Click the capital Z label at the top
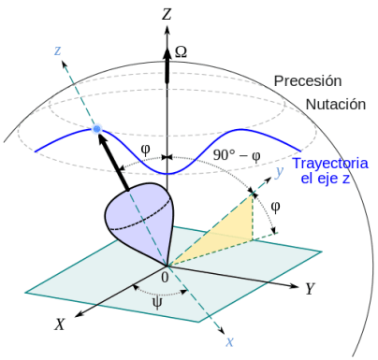coord(167,13)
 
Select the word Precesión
coord(308,81)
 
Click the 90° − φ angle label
coord(234,156)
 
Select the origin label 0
coord(166,277)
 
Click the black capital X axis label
coord(59,324)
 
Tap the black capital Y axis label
coord(309,288)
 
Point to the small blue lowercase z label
coord(57,50)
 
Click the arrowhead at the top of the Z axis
coord(167,33)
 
